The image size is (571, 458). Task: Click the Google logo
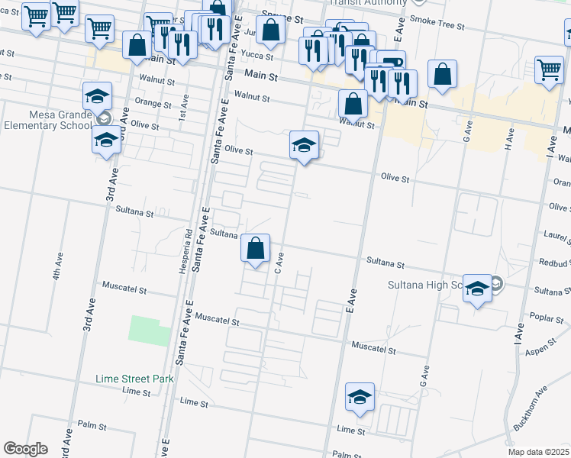click(25, 449)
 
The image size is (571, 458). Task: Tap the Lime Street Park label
click(135, 379)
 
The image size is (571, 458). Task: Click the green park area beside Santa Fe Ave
click(150, 331)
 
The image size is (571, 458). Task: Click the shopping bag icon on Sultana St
click(256, 249)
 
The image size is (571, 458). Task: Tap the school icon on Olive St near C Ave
click(304, 145)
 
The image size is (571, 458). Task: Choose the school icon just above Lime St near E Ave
click(360, 398)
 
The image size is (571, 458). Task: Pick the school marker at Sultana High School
click(477, 289)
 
